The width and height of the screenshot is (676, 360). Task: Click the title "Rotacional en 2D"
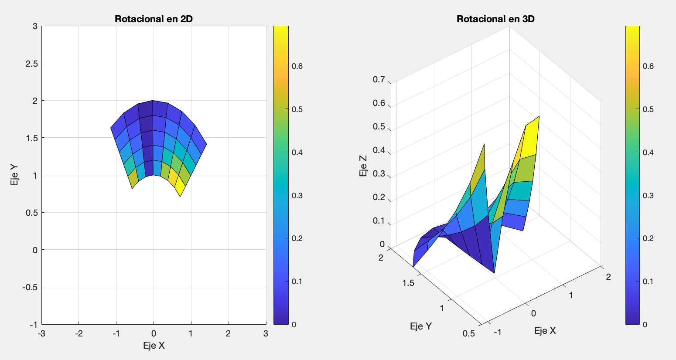coord(154,19)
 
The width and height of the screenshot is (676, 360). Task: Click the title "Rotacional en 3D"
coord(495,19)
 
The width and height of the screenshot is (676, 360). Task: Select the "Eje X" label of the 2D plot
coord(154,346)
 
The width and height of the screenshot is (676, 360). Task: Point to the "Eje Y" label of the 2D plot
coord(14,175)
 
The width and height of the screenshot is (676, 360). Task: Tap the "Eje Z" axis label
coord(363,166)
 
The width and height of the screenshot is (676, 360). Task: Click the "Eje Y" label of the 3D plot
coord(421,326)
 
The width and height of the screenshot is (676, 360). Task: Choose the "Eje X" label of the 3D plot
coord(545,331)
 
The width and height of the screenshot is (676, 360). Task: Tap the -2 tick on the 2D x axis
coord(79,334)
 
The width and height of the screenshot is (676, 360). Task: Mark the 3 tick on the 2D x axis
coord(266,334)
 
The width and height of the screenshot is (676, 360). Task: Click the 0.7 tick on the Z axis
coord(379,80)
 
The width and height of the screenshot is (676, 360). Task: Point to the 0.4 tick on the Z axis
coord(379,150)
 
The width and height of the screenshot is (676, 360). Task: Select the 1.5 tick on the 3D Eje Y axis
coord(408,283)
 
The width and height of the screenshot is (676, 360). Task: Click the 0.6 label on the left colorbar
coord(297,66)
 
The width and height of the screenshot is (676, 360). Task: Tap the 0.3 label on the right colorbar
coord(648,195)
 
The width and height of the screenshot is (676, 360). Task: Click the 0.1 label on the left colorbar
coord(297,282)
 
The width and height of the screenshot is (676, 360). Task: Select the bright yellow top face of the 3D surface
coord(532,137)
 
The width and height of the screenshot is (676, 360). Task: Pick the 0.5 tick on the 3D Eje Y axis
coord(469,333)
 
